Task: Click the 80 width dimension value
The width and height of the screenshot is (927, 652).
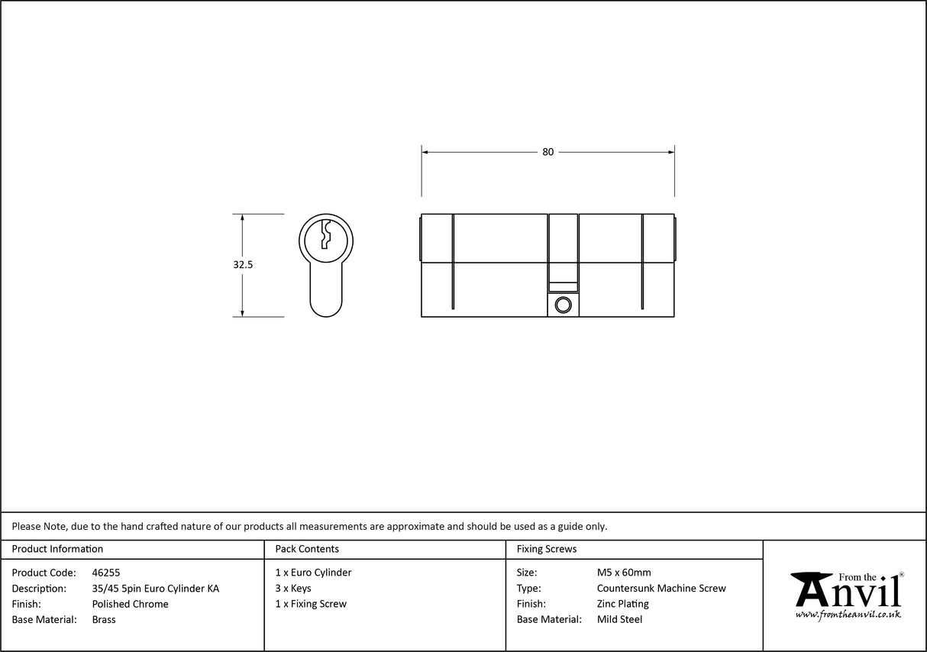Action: pos(547,152)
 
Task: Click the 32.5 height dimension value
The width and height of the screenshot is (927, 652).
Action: pos(243,265)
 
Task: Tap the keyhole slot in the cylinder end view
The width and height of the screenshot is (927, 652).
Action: pos(326,235)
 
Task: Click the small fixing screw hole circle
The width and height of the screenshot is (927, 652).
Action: pos(564,305)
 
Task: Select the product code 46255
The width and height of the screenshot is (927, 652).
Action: pos(105,573)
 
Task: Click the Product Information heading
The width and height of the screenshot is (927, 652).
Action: pos(57,549)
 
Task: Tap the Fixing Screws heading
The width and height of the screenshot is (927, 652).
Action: pos(547,549)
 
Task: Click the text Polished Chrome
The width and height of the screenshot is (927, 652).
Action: pos(130,604)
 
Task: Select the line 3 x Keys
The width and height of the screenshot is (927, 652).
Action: pos(293,589)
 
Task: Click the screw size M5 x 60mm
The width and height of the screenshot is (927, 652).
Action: pos(624,573)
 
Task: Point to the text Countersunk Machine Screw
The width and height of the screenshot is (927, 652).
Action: pos(661,589)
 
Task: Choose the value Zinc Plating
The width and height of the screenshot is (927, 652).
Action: pos(623,604)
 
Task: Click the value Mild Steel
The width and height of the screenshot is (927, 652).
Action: pos(619,620)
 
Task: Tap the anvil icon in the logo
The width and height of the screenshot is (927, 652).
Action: pos(811,588)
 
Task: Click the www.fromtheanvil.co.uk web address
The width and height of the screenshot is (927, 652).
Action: pos(848,615)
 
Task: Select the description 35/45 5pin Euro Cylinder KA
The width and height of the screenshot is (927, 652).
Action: pos(155,589)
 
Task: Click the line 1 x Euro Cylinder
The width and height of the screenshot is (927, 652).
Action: pos(313,573)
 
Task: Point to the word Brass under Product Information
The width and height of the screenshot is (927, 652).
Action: pos(104,620)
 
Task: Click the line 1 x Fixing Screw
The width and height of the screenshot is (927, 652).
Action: pos(311,604)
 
